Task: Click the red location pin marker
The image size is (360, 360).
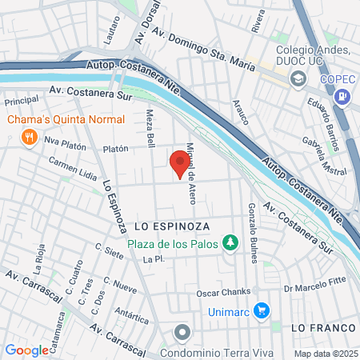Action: pos(179,164)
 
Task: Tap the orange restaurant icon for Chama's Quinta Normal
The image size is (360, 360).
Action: pos(30,136)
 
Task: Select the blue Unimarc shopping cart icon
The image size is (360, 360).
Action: pos(262,310)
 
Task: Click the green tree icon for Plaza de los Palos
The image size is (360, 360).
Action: pos(231,242)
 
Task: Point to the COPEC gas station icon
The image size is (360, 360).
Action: pos(343,98)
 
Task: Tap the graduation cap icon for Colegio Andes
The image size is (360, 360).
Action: pos(298,78)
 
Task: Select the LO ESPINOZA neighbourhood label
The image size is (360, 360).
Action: pos(171,227)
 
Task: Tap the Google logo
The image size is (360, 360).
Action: pos(26,350)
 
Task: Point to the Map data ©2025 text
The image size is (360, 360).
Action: pos(324,354)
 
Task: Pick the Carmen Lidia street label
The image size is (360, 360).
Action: pos(73,166)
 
